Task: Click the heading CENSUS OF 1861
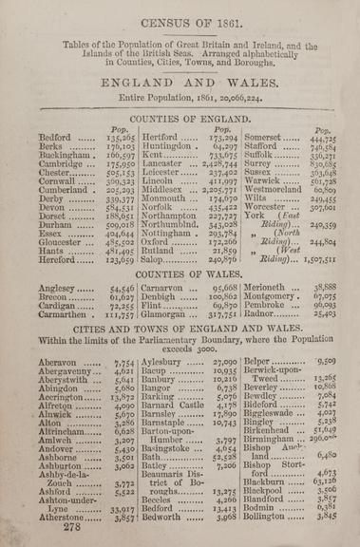[180, 17]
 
